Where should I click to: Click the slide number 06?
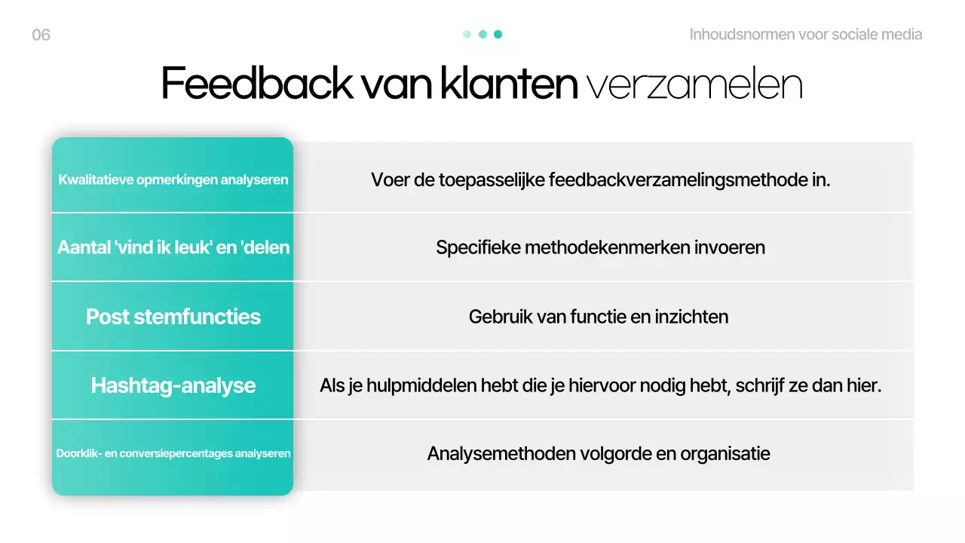click(41, 35)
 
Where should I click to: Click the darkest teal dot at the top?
click(498, 34)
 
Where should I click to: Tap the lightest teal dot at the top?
click(467, 34)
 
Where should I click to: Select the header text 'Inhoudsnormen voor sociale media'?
click(805, 35)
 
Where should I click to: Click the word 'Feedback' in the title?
click(256, 84)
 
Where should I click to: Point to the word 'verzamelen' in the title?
click(694, 84)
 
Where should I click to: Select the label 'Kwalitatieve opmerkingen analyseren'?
click(173, 180)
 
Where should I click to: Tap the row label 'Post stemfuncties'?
click(173, 317)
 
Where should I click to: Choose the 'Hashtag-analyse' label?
click(173, 386)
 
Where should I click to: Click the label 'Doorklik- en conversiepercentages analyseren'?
click(173, 454)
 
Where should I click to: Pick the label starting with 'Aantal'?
click(173, 248)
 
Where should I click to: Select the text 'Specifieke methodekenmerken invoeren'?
click(600, 247)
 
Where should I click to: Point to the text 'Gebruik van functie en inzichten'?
click(599, 317)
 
